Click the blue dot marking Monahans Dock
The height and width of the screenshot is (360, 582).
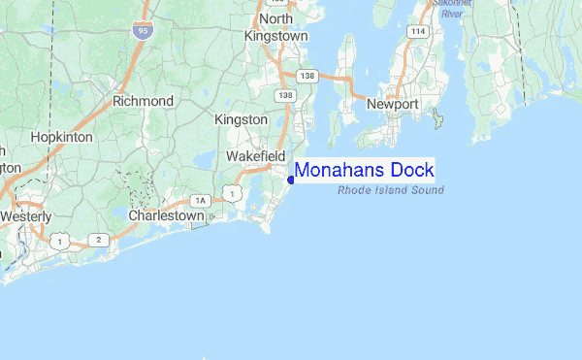(x=291, y=180)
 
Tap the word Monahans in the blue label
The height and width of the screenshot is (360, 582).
(x=341, y=171)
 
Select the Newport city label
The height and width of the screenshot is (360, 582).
(x=392, y=104)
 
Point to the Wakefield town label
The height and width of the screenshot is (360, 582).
(x=255, y=156)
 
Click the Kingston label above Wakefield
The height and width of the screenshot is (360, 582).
(x=241, y=119)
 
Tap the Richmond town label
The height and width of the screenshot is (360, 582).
(x=143, y=101)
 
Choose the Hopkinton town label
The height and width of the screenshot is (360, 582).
(x=61, y=138)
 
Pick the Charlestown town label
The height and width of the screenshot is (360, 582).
(x=166, y=215)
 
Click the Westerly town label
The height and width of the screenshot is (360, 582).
(x=26, y=215)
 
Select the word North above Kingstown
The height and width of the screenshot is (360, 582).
(x=275, y=18)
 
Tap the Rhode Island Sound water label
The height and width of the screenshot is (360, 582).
(x=391, y=190)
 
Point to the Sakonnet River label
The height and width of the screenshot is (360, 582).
(x=451, y=10)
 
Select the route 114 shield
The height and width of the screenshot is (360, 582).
(x=418, y=32)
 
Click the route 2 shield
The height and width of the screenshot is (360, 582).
(x=98, y=239)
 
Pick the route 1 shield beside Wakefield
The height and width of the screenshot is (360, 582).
(x=232, y=194)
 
